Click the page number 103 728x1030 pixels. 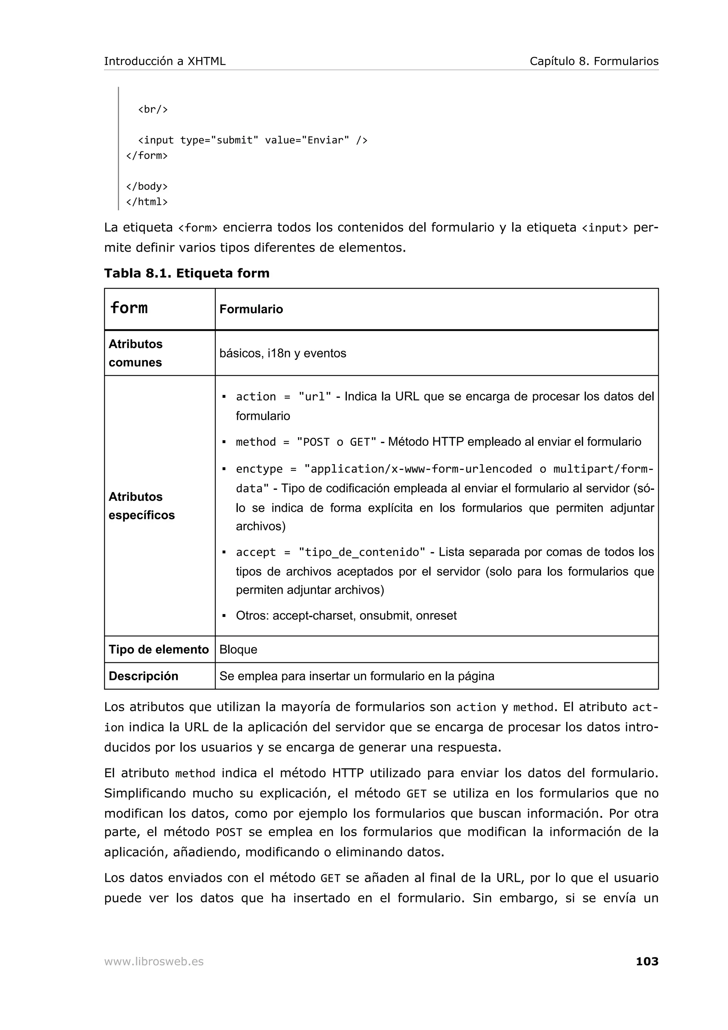coord(647,961)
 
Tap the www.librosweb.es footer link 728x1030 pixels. coord(154,962)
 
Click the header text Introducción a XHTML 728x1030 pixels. coord(165,61)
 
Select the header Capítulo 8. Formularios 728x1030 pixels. coord(594,61)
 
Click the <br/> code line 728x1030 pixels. coord(152,109)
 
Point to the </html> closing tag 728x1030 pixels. coord(147,202)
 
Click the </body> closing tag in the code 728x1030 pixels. coord(147,187)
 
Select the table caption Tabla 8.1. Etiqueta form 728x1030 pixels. coord(187,273)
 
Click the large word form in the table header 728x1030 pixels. coord(129,308)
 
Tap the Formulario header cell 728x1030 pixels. coord(251,309)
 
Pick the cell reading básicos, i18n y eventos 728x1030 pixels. coord(283,354)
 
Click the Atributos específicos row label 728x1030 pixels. coord(141,505)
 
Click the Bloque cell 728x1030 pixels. coord(238,650)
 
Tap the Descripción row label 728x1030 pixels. coord(144,676)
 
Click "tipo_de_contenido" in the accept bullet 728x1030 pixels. coord(362,552)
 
